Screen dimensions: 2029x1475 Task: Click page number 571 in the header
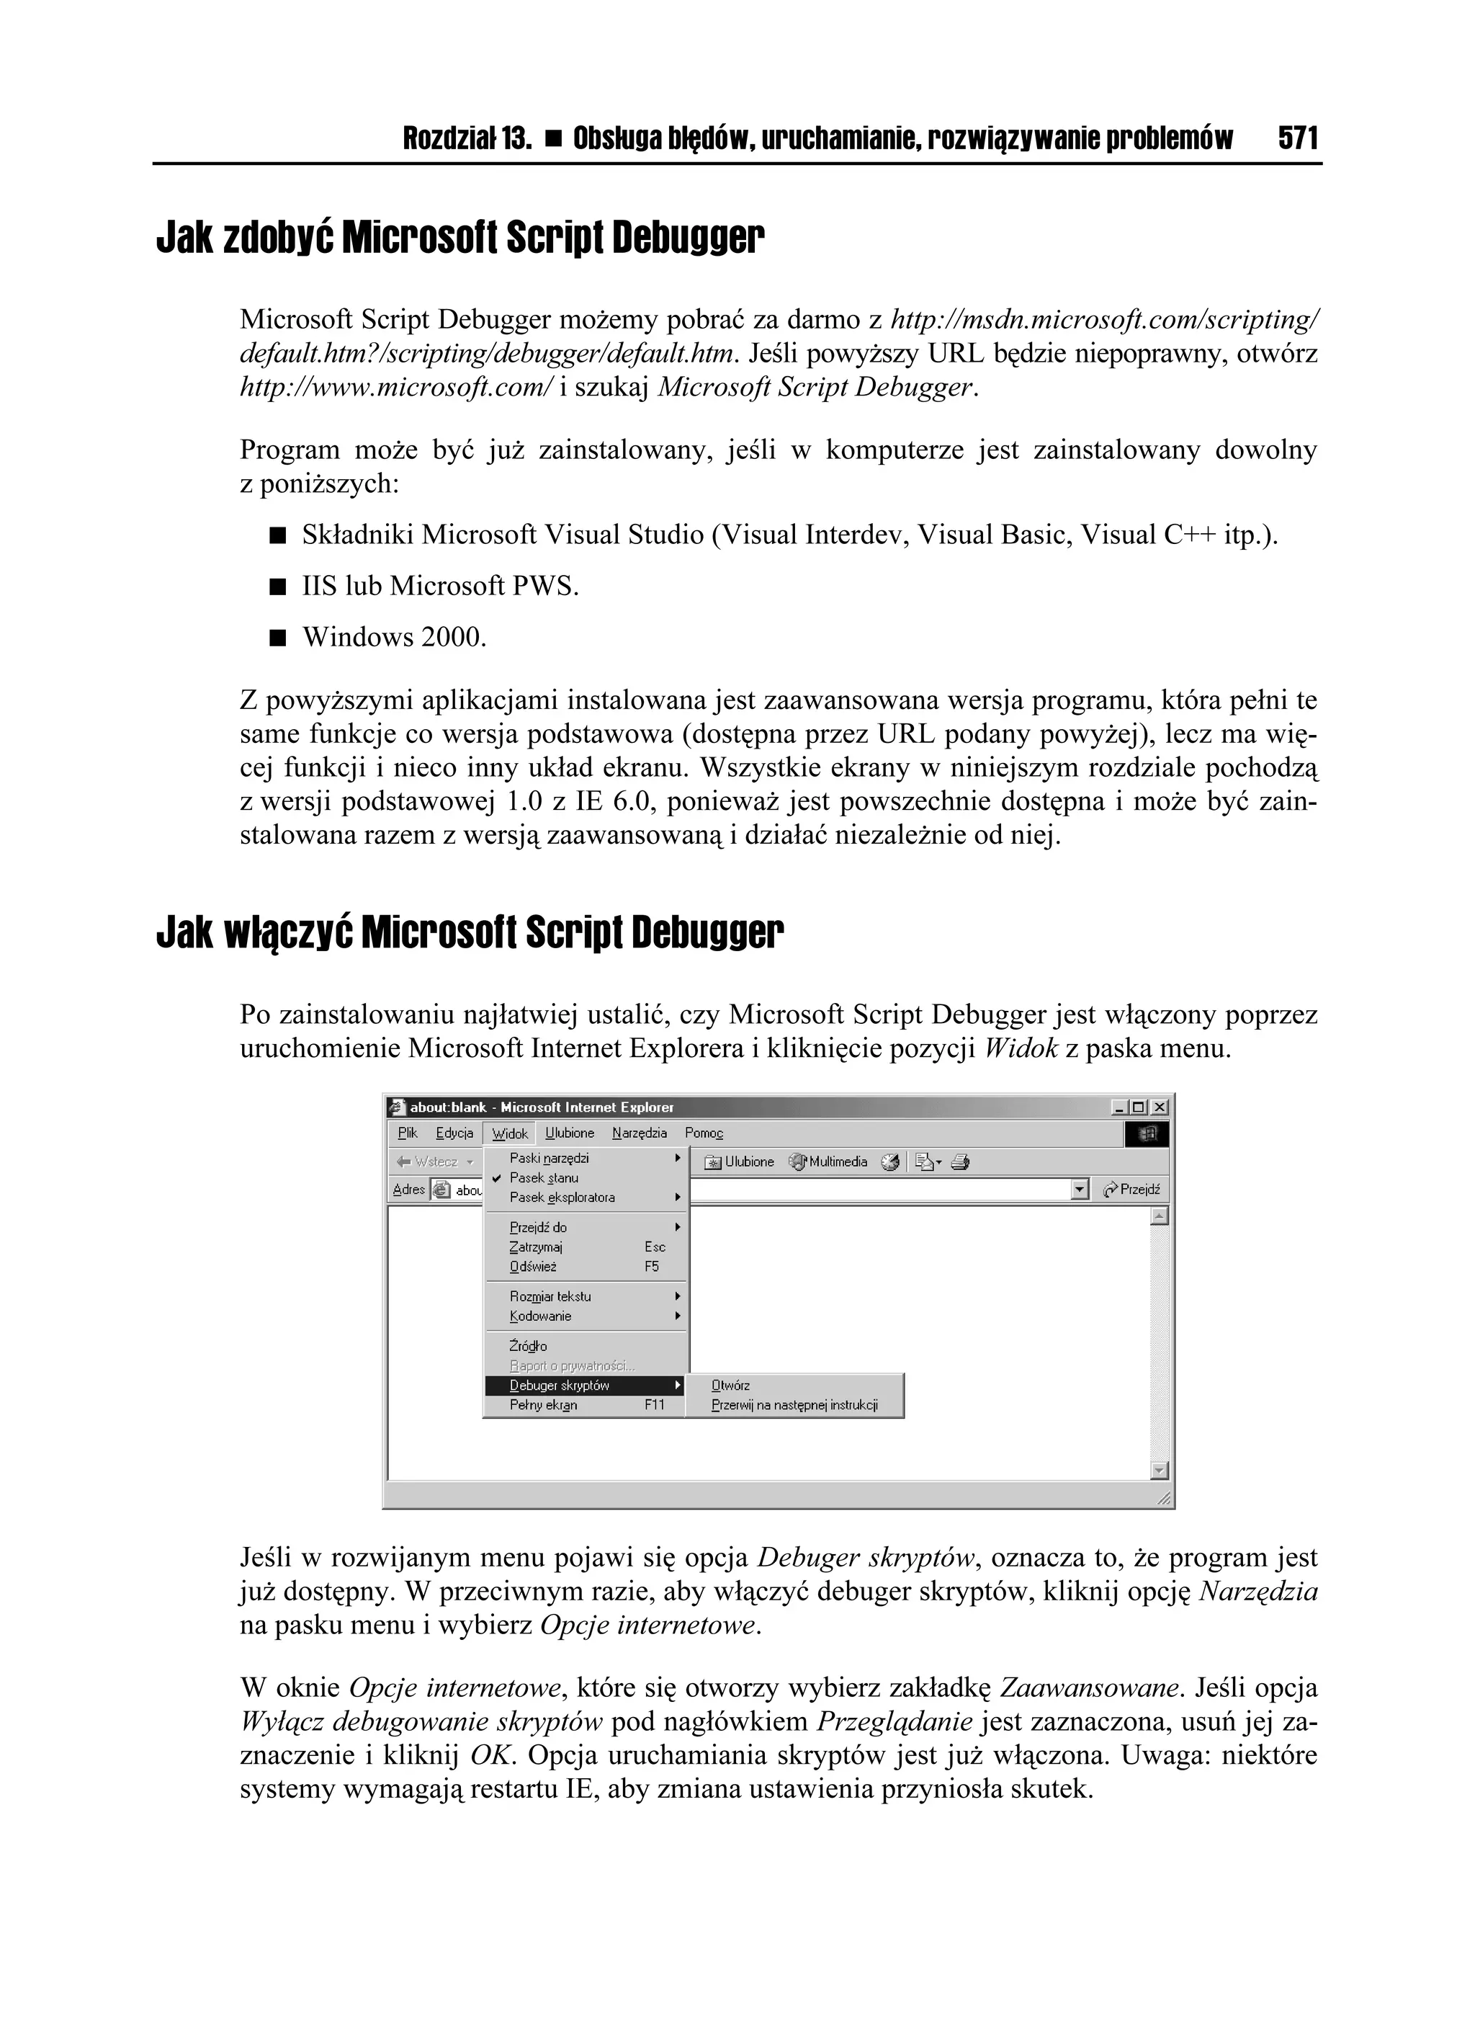pos(1298,138)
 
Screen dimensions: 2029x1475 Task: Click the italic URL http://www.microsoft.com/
pos(397,388)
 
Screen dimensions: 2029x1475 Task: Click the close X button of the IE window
pos(1160,1107)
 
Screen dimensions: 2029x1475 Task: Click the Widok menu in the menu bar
pos(510,1133)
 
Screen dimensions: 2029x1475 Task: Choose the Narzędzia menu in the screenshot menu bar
pos(640,1133)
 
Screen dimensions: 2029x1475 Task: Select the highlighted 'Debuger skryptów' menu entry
pos(560,1386)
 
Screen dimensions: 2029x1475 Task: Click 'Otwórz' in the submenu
pos(731,1386)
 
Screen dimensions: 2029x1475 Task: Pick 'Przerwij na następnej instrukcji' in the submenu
pos(794,1406)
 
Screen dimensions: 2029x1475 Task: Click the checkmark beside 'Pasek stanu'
pos(496,1178)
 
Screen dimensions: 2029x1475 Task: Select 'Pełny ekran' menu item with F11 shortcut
pos(544,1406)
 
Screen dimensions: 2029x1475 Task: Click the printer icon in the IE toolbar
pos(961,1162)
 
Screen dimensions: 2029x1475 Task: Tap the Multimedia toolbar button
pos(828,1162)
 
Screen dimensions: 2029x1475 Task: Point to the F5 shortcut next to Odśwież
pos(651,1267)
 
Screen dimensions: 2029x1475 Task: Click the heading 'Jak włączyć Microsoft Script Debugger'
pos(470,933)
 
